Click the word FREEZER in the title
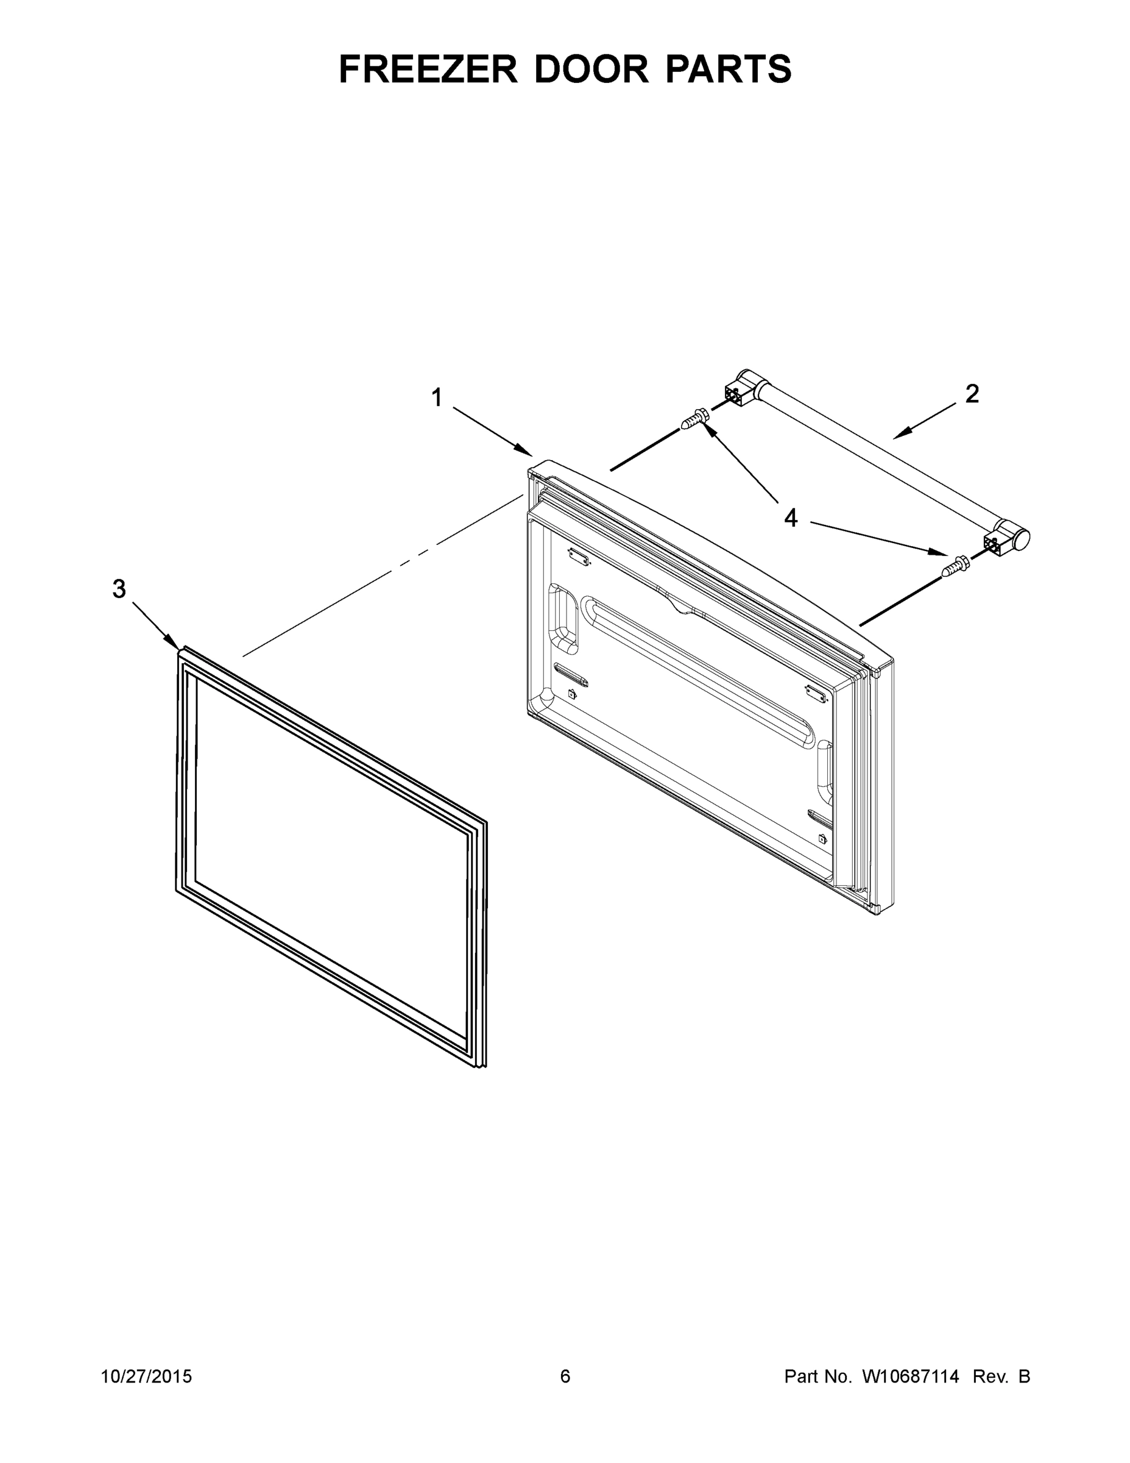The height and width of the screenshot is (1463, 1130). point(428,69)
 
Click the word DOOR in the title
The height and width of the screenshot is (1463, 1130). point(591,69)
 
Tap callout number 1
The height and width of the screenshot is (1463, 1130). point(437,398)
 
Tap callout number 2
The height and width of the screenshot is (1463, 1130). point(972,394)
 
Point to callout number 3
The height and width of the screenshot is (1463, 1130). point(119,589)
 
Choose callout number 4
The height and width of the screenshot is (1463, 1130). point(791,517)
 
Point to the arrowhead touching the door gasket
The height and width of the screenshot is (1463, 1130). point(174,644)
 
